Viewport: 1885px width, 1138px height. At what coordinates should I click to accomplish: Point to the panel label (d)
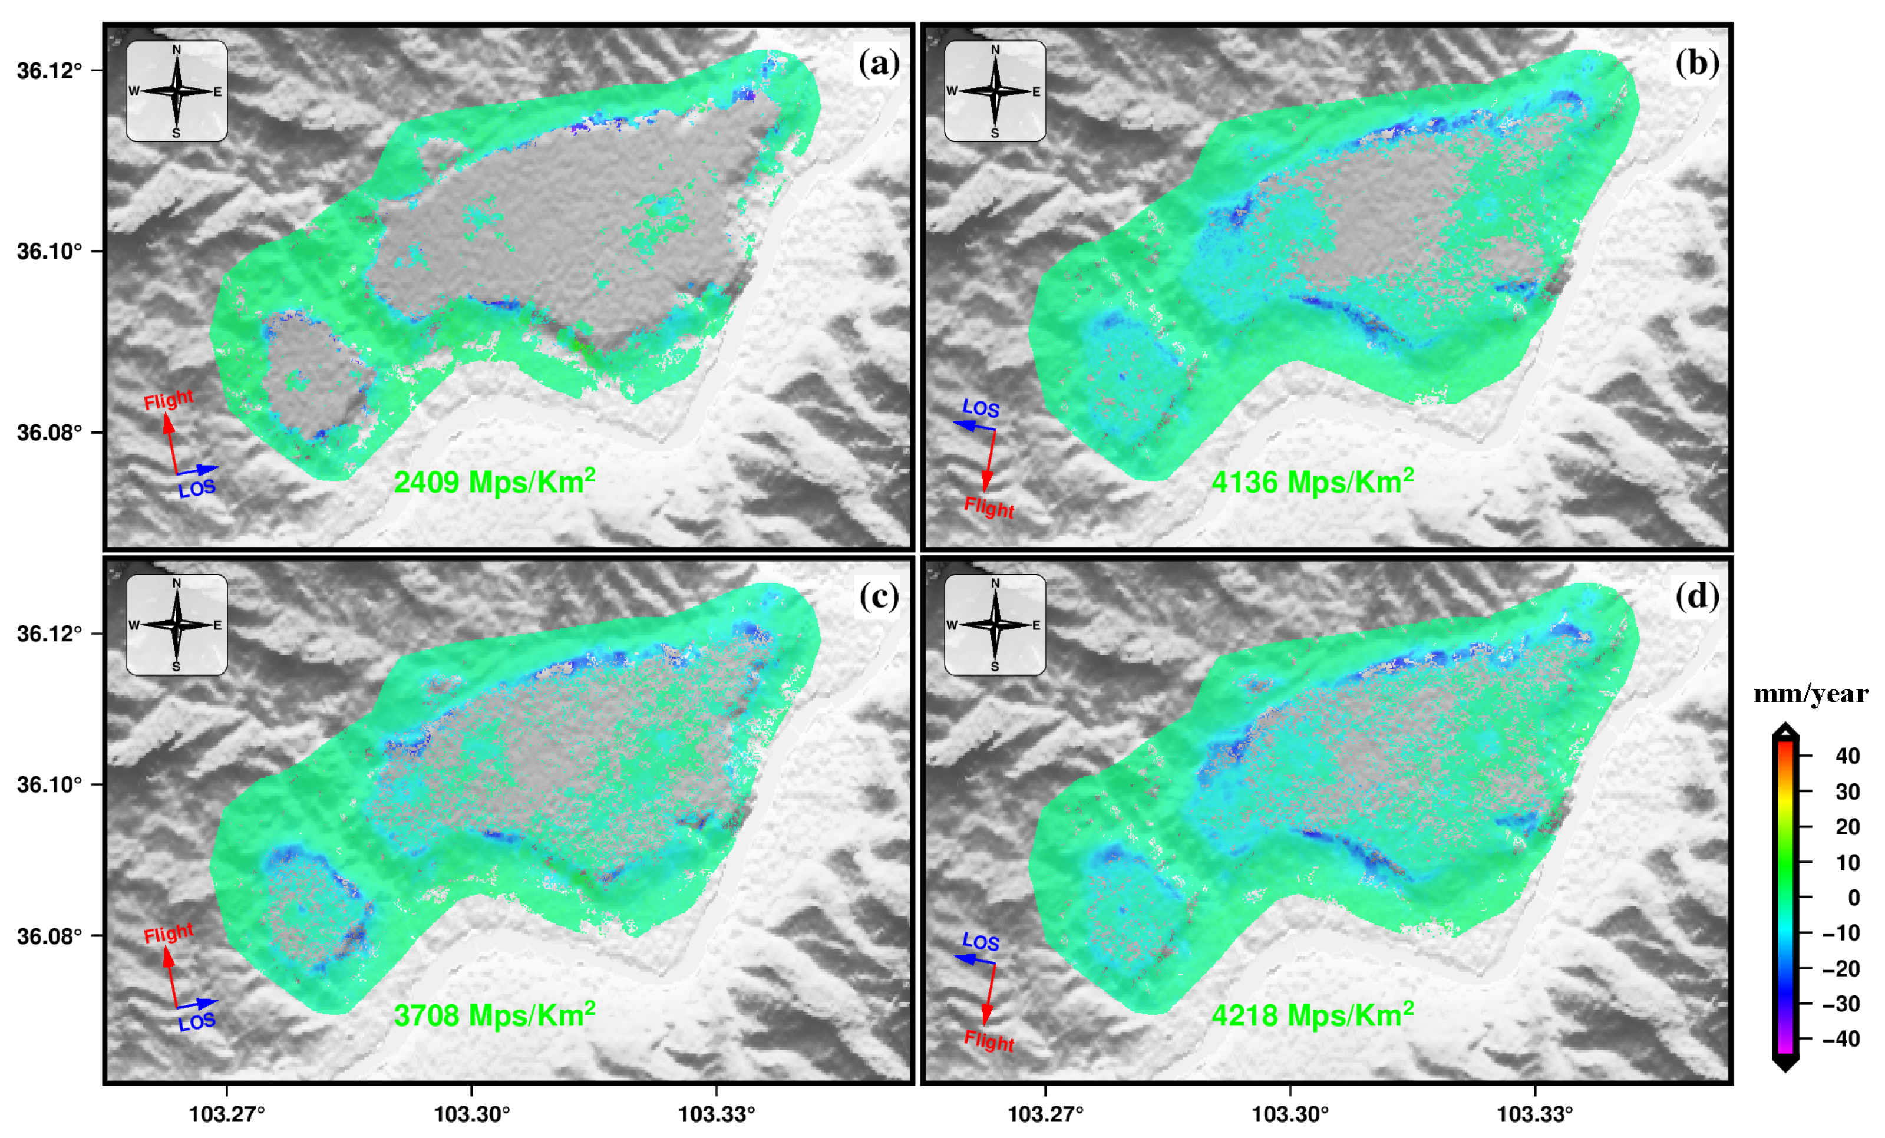(1697, 597)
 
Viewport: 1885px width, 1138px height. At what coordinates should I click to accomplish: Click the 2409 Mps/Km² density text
(494, 481)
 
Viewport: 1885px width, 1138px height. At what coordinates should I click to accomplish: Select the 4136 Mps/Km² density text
(1313, 481)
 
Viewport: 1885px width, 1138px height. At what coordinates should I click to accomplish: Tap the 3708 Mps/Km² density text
(494, 1015)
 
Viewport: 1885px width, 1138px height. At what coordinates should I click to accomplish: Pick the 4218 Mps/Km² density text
(1313, 1015)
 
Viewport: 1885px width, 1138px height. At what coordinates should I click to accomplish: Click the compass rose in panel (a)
(177, 91)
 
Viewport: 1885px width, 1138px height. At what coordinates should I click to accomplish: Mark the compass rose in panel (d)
(995, 625)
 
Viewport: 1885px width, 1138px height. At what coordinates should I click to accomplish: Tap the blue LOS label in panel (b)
(981, 408)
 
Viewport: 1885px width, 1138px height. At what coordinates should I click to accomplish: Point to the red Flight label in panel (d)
(988, 1041)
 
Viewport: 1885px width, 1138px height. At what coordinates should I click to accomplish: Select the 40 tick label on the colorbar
(1847, 756)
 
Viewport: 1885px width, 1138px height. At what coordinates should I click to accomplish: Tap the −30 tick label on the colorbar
(1841, 1003)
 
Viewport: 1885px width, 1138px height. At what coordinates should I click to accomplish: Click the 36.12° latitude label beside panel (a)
(49, 70)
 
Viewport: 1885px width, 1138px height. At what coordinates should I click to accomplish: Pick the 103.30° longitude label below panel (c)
(471, 1113)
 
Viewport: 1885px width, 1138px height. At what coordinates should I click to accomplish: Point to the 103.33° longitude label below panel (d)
(1534, 1113)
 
